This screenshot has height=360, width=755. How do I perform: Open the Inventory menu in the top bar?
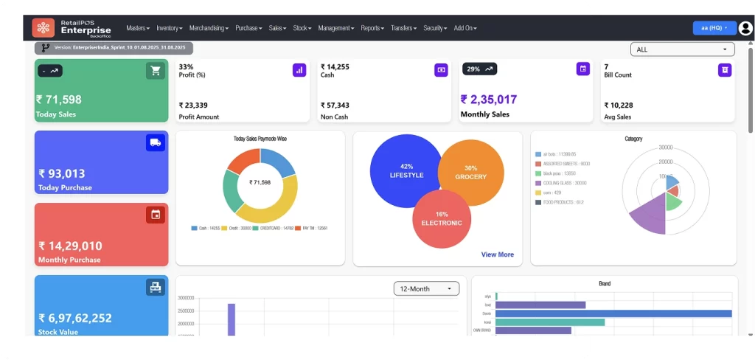point(169,28)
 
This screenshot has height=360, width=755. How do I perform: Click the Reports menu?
point(372,28)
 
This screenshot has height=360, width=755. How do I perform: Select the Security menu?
point(435,28)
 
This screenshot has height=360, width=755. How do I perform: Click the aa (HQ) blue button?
point(714,28)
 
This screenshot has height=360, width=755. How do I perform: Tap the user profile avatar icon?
point(745,28)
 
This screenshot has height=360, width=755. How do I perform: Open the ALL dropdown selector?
point(683,49)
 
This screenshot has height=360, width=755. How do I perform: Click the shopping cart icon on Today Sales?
point(156,71)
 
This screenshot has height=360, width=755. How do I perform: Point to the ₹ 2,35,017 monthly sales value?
point(489,100)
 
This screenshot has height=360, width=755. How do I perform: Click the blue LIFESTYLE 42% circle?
point(406,170)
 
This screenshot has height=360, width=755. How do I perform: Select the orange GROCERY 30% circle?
point(476,172)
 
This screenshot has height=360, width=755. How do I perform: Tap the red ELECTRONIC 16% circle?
point(442,218)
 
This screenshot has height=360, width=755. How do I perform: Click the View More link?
point(498,255)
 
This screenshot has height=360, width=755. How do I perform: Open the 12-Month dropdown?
point(426,288)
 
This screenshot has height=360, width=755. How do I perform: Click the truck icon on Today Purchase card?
point(156,143)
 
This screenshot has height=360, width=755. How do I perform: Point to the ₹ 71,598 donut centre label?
point(260,182)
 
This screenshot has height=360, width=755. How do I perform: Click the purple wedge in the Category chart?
point(649,217)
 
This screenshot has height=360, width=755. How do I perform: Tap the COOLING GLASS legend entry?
point(565,183)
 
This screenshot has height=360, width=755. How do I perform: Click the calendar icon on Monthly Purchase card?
point(156,215)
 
